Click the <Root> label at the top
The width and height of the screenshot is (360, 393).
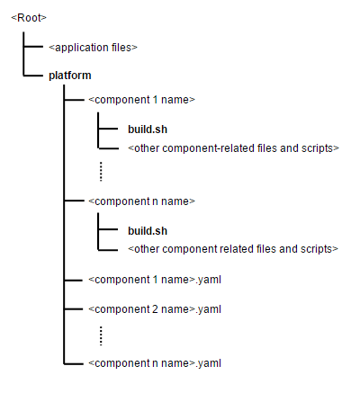click(x=29, y=16)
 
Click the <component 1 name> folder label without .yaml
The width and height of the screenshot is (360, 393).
click(x=141, y=100)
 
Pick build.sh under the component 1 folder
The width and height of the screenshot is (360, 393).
click(x=148, y=129)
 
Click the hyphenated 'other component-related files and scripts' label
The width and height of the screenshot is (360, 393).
click(x=233, y=147)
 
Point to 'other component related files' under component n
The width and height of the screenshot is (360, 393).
click(x=232, y=248)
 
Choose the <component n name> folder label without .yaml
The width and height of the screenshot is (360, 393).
click(x=141, y=201)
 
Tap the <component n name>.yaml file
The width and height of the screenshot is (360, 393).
click(x=155, y=362)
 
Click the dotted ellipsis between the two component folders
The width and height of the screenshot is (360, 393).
click(x=102, y=170)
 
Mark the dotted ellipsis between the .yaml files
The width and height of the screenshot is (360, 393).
click(x=102, y=335)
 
